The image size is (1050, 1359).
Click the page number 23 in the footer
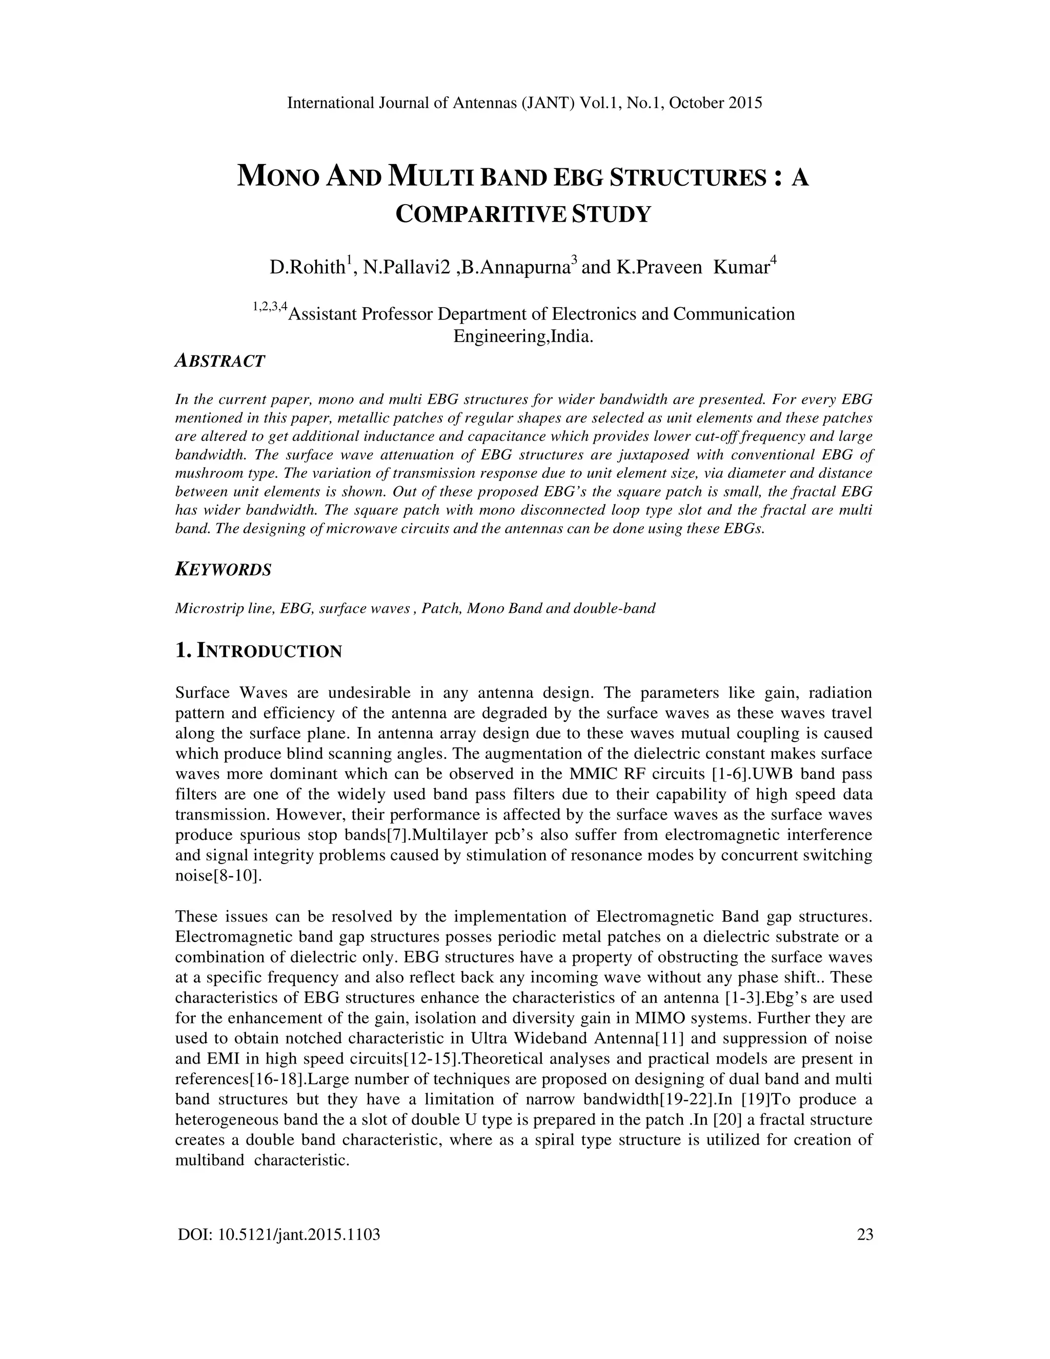coord(864,1234)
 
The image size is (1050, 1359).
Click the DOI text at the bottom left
coord(279,1234)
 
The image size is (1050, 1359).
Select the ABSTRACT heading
coord(220,361)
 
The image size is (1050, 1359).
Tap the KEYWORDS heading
coord(224,569)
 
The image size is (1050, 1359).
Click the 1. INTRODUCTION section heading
coord(259,651)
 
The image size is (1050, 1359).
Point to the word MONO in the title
coord(278,177)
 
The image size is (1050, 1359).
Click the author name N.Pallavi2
coord(406,268)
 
